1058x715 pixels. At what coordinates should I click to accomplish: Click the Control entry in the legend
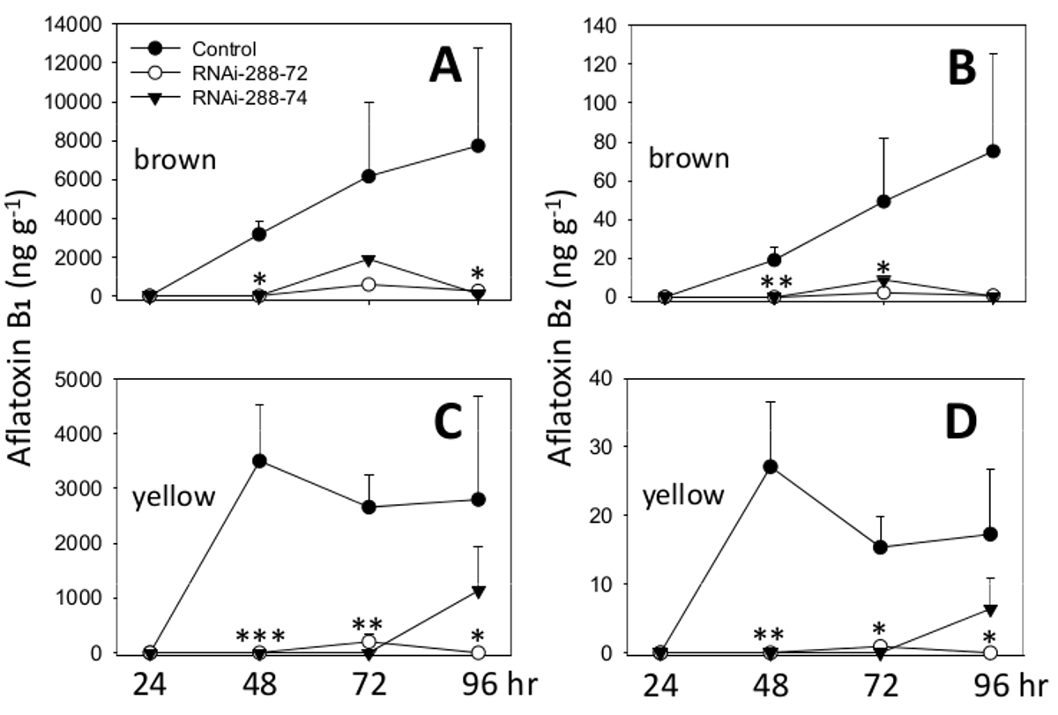coord(225,48)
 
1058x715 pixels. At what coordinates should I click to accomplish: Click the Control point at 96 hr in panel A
coord(478,145)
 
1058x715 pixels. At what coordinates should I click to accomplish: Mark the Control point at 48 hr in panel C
coord(260,461)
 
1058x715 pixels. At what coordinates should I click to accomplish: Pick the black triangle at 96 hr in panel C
coord(478,592)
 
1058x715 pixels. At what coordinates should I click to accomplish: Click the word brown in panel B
coord(689,160)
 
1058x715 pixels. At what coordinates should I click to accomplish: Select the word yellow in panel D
coord(683,495)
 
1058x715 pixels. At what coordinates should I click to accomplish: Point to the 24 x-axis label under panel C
coord(150,685)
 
